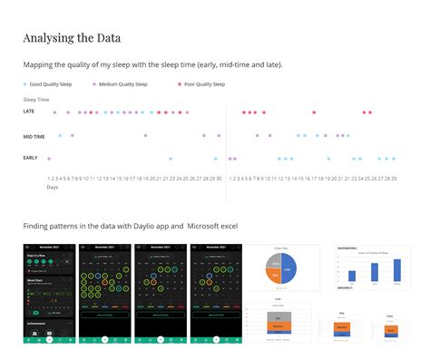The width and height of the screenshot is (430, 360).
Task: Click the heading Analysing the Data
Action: (72, 38)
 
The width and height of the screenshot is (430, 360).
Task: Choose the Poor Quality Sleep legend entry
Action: (201, 84)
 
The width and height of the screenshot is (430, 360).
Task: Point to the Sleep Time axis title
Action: (36, 99)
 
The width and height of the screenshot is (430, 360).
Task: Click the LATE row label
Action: (29, 112)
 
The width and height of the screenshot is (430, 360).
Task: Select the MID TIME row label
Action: (34, 136)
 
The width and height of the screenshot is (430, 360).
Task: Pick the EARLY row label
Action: (31, 159)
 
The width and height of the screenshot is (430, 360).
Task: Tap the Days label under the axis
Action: (53, 188)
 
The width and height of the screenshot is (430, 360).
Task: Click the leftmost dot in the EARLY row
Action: (49, 159)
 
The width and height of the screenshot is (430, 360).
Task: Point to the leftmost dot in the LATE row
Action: (54, 112)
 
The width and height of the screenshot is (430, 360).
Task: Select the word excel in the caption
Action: (228, 225)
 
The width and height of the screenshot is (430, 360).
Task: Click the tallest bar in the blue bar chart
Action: (396, 270)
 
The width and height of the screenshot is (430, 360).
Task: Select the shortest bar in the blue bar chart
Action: (352, 277)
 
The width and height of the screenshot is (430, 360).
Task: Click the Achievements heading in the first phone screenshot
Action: (38, 321)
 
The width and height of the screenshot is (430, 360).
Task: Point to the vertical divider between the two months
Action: (226, 145)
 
